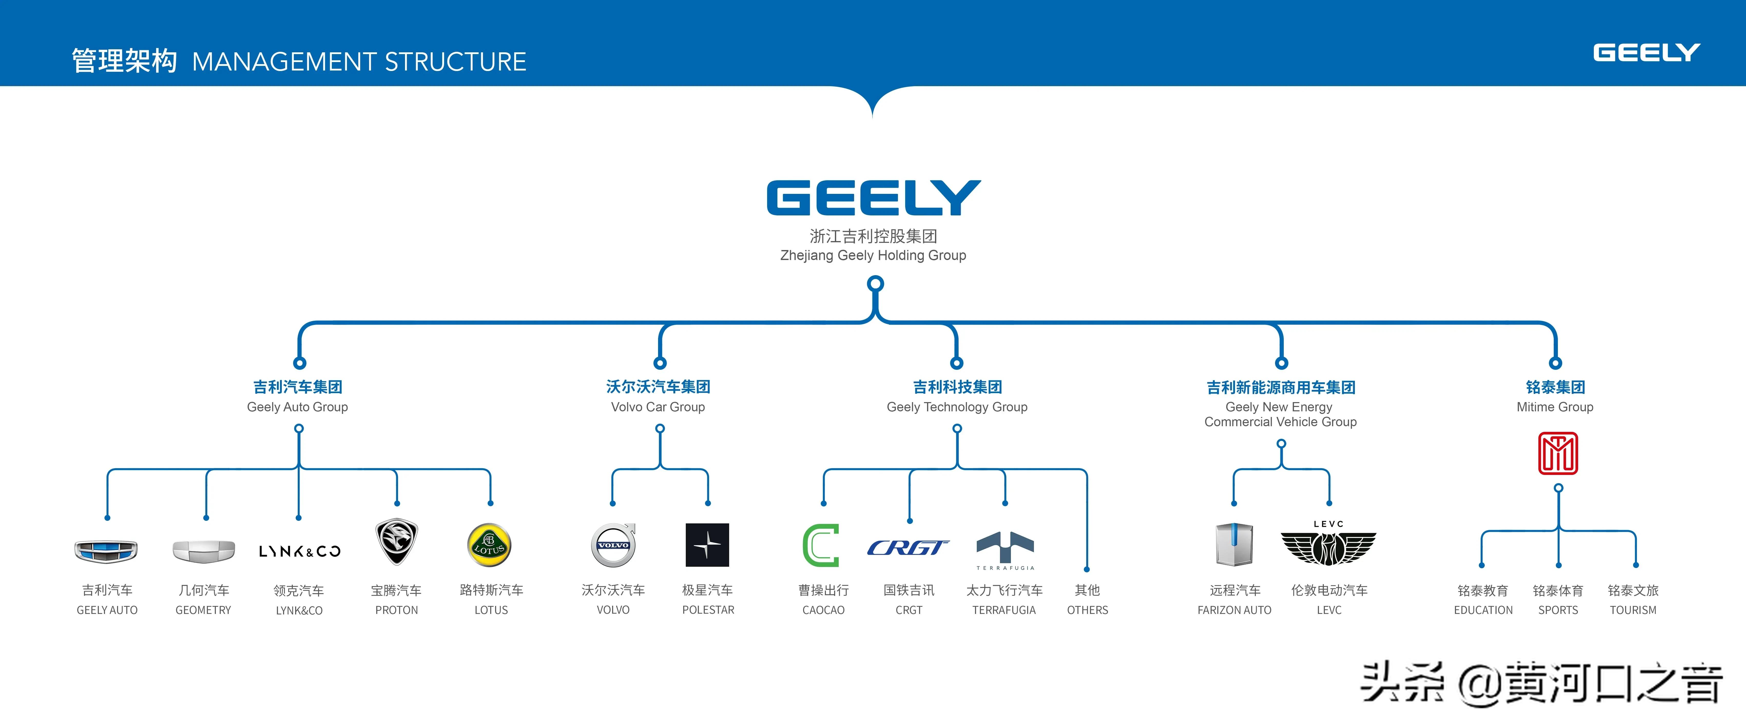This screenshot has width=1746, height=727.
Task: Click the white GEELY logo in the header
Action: (1646, 53)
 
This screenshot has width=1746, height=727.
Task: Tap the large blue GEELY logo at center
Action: (873, 198)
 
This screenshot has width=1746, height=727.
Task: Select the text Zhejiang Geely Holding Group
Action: (873, 255)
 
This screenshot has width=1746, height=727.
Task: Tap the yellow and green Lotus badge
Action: (489, 545)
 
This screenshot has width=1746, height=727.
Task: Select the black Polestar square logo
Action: (707, 545)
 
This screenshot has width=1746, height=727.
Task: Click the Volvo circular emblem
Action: (613, 545)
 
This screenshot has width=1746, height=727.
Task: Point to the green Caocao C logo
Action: (821, 545)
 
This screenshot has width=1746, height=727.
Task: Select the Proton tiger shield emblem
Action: (397, 541)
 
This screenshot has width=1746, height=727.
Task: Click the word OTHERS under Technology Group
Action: (1087, 610)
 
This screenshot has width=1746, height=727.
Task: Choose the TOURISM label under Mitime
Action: (1633, 610)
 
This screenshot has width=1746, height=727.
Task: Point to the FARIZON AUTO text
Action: (1234, 610)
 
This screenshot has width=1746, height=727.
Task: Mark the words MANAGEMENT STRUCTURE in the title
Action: (359, 62)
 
